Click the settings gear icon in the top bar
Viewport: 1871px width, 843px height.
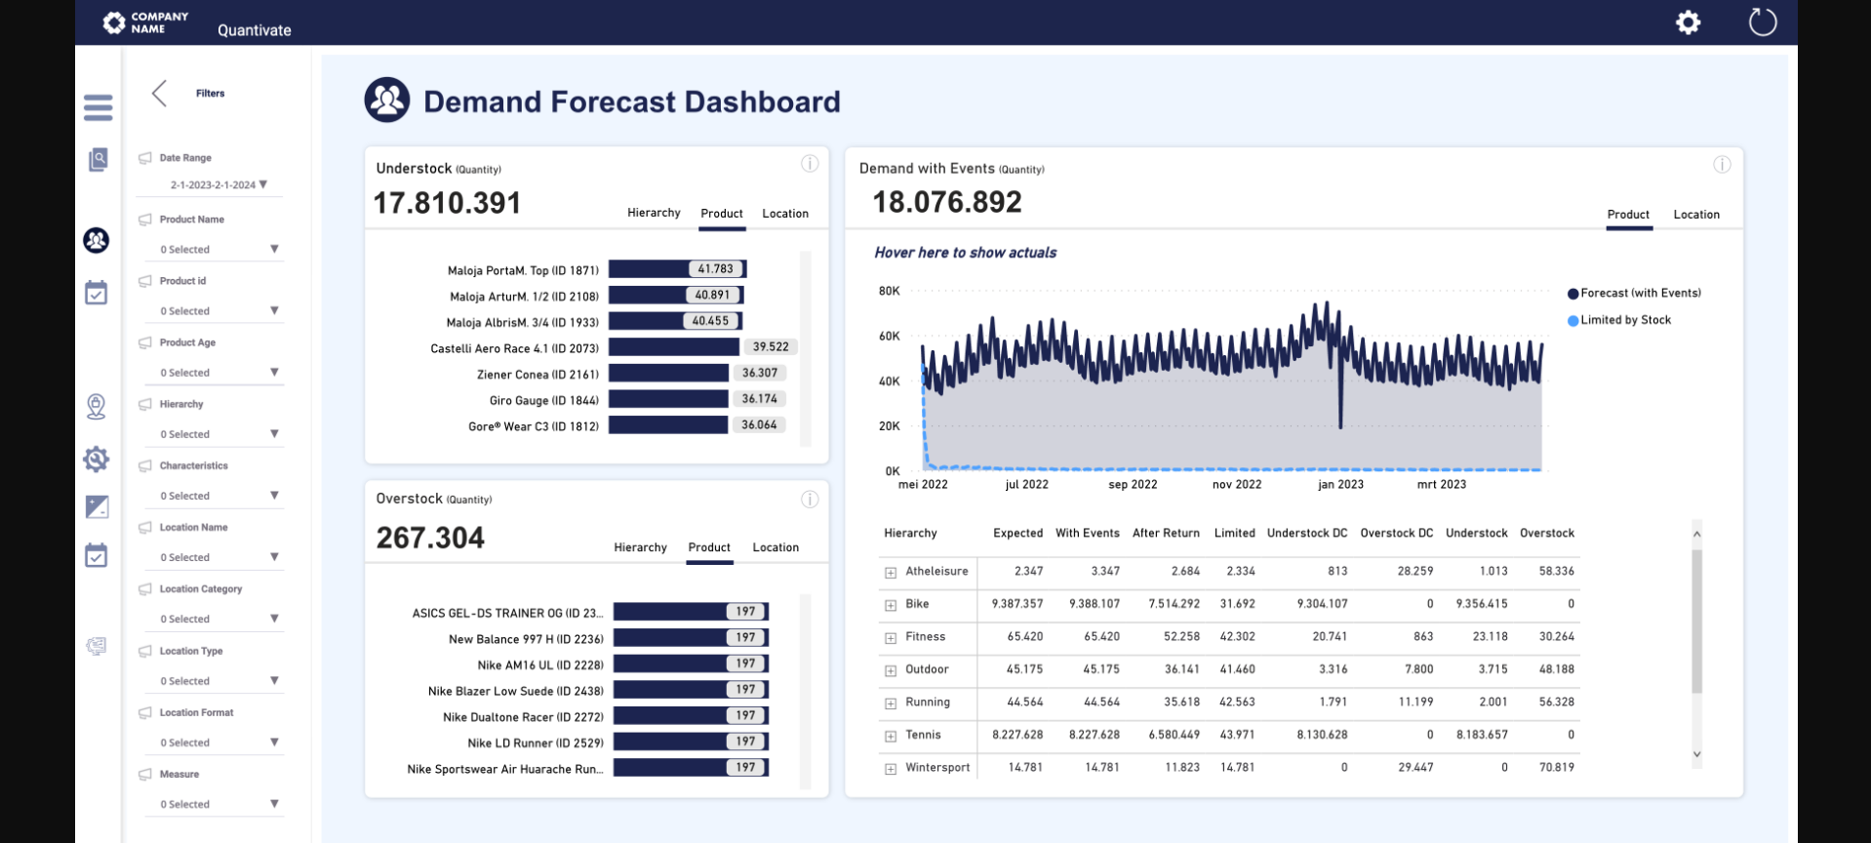click(x=1688, y=22)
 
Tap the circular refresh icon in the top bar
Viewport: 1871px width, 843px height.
click(x=1762, y=21)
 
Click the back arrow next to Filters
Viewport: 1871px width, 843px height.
click(x=160, y=94)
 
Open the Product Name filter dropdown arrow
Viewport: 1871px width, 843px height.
click(x=274, y=249)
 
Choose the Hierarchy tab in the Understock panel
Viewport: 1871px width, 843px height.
click(x=654, y=213)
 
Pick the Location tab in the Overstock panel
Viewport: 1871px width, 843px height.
click(x=776, y=547)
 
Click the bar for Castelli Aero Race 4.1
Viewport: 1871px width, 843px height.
click(x=673, y=347)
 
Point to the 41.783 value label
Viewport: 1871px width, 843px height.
click(x=715, y=269)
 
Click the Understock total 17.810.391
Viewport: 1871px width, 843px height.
click(x=447, y=203)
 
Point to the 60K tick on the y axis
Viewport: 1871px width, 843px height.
click(x=889, y=337)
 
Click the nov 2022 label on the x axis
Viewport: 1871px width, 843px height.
click(x=1236, y=485)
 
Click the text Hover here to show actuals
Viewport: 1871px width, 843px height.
click(x=965, y=253)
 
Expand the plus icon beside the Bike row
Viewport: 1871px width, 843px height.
click(x=891, y=605)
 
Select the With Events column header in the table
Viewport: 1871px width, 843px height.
click(x=1087, y=534)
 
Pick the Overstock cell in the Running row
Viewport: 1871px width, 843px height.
click(x=1556, y=702)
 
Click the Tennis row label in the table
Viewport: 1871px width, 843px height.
click(x=923, y=735)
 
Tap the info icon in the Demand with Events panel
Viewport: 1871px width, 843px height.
click(x=1722, y=165)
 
